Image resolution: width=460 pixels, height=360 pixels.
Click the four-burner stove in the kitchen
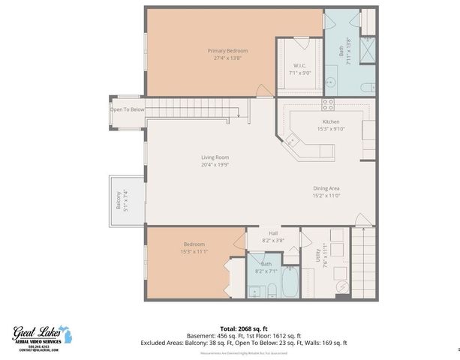(x=328, y=104)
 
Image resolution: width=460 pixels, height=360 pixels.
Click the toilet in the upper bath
(x=368, y=88)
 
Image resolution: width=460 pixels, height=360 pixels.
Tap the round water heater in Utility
(x=341, y=286)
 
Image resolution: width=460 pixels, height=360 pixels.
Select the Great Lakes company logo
(x=42, y=334)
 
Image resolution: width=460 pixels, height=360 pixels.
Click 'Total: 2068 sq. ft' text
(x=244, y=328)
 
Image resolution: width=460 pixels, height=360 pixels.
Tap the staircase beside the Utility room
(x=363, y=262)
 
